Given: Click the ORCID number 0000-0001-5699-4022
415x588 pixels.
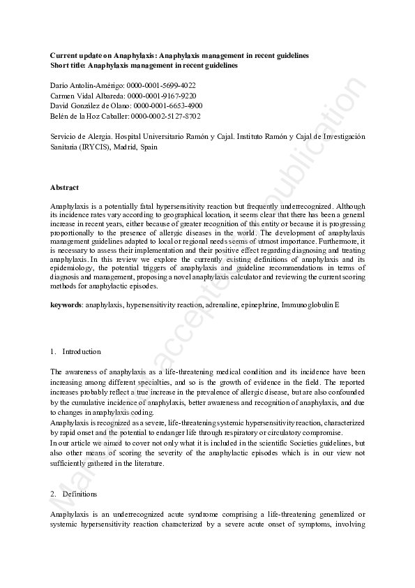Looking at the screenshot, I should pyautogui.click(x=161, y=84).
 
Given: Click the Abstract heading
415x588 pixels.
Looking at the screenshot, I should pyautogui.click(x=64, y=187).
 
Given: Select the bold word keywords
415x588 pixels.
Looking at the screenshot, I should pyautogui.click(x=66, y=304).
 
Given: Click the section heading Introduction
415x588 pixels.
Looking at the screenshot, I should pyautogui.click(x=82, y=351).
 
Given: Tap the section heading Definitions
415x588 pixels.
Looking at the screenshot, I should pyautogui.click(x=81, y=494).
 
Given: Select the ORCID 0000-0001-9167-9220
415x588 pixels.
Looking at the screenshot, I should pyautogui.click(x=162, y=95).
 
